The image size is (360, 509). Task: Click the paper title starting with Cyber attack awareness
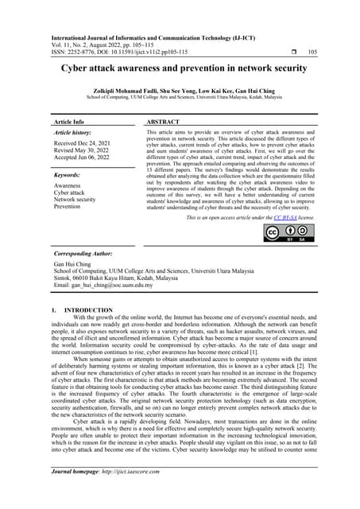[x=180, y=69]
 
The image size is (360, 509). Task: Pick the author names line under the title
[x=180, y=90]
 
